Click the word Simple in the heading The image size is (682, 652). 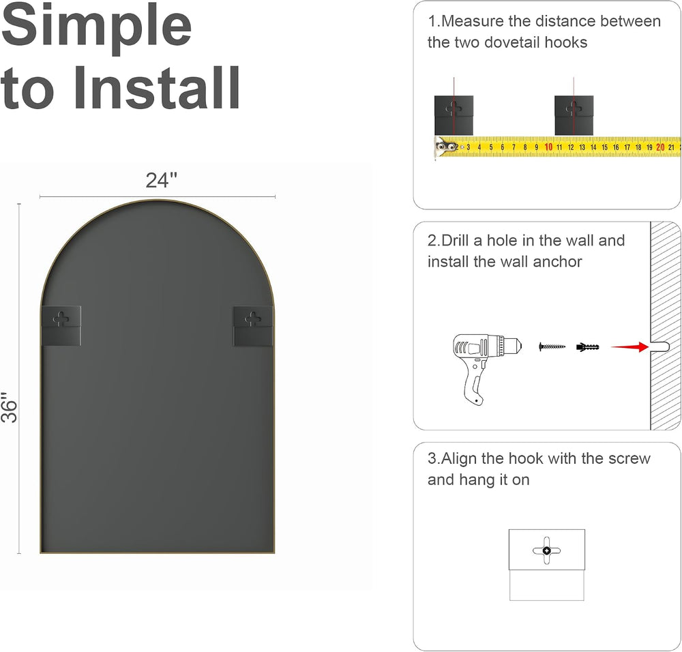[x=96, y=27]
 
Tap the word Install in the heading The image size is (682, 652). [x=157, y=88]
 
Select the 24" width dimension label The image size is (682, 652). [x=162, y=180]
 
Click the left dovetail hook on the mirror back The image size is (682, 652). [x=61, y=325]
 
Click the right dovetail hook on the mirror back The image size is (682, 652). [x=253, y=326]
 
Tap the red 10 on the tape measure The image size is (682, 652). [x=548, y=147]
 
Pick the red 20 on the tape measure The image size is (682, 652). [x=660, y=147]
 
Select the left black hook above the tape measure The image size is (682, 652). [x=454, y=116]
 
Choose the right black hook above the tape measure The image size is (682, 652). [x=574, y=116]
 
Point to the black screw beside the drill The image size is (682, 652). [x=552, y=346]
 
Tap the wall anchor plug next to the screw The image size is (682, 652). [x=588, y=347]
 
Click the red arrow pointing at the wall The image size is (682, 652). [x=629, y=346]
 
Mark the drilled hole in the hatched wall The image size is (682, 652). [x=659, y=346]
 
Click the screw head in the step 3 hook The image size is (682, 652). [x=547, y=550]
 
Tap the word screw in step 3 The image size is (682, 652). [x=629, y=459]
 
